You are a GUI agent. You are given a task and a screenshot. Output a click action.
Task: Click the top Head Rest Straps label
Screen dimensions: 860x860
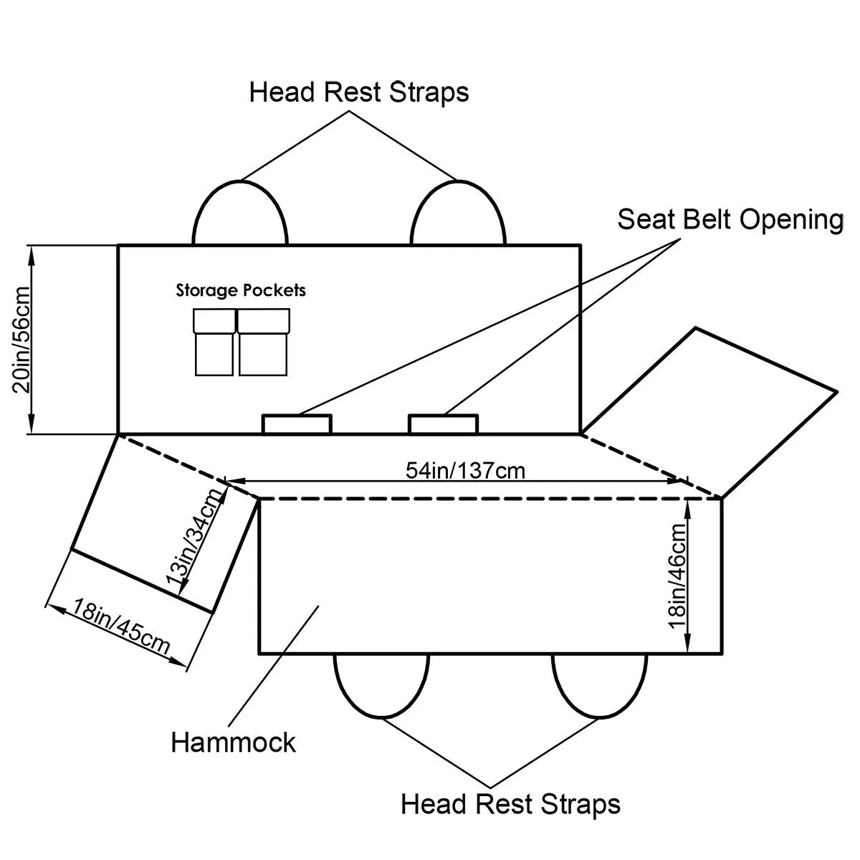[359, 92]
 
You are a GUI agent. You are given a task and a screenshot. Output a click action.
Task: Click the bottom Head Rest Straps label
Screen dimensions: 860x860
[510, 803]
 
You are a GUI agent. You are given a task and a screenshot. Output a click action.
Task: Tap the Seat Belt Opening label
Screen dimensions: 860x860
[730, 219]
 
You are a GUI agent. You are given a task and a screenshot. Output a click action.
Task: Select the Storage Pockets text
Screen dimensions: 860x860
[241, 290]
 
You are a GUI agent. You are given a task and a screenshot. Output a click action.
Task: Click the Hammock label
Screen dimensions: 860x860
[233, 742]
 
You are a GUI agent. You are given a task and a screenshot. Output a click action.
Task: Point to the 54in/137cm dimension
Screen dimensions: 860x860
[465, 470]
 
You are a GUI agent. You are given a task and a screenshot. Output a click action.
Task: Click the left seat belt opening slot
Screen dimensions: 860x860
[297, 424]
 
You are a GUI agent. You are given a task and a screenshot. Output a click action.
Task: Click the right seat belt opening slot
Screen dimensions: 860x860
[443, 424]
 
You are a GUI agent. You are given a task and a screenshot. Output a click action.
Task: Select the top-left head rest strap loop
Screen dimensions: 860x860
[240, 214]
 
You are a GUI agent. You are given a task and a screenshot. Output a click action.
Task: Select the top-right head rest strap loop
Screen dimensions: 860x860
[459, 214]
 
